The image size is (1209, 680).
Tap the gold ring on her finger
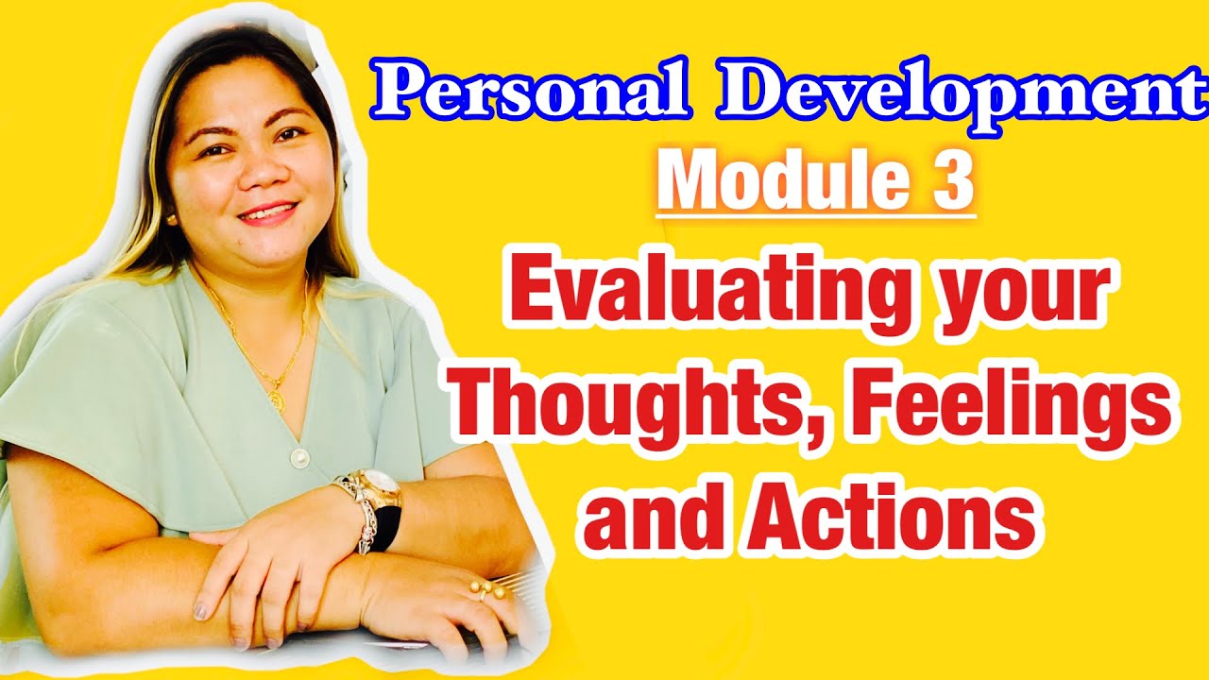pos(486,590)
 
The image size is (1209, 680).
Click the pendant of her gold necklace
pos(277,400)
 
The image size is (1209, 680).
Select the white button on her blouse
pos(300,458)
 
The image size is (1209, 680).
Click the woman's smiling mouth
pos(266,212)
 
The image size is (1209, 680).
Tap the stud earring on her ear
pos(172,219)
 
